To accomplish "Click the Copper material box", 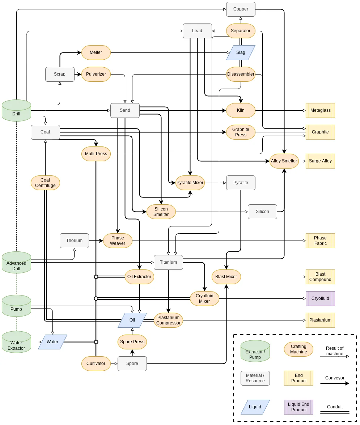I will pos(241,9).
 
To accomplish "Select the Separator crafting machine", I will pos(241,31).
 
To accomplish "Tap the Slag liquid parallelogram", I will pos(241,52).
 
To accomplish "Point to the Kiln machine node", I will pos(241,110).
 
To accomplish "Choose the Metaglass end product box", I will pos(320,110).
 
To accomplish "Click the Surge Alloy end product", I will pos(320,161).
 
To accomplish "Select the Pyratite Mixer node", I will pos(190,183).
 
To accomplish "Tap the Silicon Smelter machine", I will pos(161,212).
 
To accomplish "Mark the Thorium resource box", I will pos(74,241).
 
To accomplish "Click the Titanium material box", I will pos(168,262).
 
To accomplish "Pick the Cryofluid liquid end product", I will pos(320,298).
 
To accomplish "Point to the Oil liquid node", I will pos(132,320).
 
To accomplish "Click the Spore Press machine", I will pos(132,342).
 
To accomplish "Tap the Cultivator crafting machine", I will pos(96,364).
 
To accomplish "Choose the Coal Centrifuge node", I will pos(45,183).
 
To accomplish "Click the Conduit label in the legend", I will pos(335,407).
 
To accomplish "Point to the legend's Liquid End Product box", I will pos(298,407).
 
